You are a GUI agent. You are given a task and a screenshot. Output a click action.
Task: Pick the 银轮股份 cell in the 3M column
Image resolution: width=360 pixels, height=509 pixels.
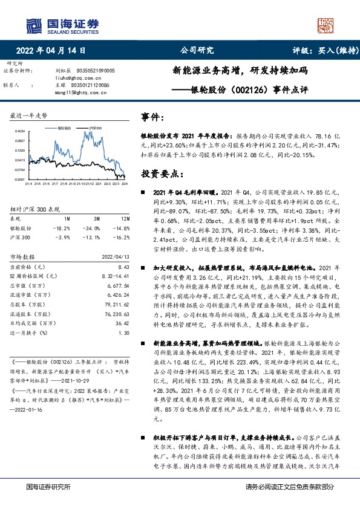(x=92, y=228)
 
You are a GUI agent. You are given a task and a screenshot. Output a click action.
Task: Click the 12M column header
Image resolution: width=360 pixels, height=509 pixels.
(x=125, y=218)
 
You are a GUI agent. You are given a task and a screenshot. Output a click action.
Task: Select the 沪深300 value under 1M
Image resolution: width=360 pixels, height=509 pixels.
(x=62, y=238)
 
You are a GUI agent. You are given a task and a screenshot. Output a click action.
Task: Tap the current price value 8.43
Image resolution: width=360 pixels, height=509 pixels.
(x=123, y=266)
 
